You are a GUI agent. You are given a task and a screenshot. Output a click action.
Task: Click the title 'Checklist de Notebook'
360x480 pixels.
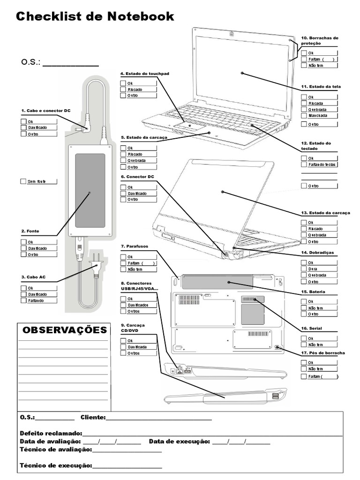coord(95,16)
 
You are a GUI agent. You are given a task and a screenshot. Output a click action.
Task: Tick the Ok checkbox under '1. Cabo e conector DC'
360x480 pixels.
coord(24,121)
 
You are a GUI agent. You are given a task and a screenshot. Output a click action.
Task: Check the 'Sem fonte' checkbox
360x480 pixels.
coord(24,181)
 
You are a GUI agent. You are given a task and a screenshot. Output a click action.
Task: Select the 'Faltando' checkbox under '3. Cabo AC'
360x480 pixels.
coord(24,300)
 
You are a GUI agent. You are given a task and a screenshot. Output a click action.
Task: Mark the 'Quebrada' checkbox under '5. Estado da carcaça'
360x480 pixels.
coord(123,160)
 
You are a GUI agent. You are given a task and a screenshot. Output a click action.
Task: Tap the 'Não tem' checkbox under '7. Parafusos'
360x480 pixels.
coord(123,269)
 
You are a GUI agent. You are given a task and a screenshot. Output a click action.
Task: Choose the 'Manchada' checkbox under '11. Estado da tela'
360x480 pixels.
coord(304,115)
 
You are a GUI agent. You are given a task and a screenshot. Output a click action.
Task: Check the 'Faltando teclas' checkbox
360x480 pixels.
coord(304,165)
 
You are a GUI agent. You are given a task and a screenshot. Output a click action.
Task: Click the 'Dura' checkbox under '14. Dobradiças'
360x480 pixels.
coord(304,269)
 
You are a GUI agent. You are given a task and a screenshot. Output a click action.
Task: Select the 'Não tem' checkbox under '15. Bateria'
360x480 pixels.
coord(304,308)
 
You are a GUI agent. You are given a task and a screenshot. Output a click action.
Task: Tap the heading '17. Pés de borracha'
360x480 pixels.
coord(323,352)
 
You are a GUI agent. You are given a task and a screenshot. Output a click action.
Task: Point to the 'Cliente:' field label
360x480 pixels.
coord(93,417)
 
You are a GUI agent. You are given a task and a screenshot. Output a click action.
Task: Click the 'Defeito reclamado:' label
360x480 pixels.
coord(51,433)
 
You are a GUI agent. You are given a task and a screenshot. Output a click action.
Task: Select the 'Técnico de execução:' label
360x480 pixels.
coord(56,465)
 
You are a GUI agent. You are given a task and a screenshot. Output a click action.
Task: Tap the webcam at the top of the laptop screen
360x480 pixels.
coord(232,33)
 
